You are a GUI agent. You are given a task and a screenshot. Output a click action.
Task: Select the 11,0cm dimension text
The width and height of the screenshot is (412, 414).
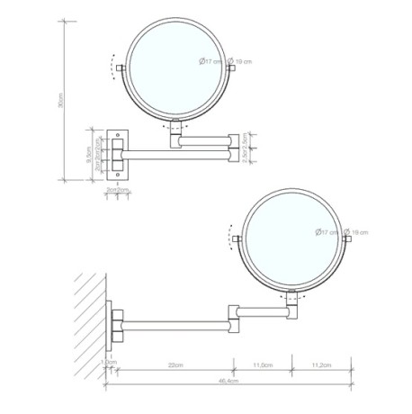tap(263, 366)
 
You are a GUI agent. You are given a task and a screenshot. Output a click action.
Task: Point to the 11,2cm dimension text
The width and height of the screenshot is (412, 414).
tap(320, 366)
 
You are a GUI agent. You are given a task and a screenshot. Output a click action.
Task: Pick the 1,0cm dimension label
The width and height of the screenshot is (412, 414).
tap(111, 363)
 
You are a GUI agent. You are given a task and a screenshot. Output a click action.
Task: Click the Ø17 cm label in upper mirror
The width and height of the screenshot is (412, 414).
tap(210, 61)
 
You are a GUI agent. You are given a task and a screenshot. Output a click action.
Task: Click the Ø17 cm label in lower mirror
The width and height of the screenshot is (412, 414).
tap(327, 233)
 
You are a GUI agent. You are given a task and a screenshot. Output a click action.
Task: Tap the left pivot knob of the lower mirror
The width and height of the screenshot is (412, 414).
tap(237, 239)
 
